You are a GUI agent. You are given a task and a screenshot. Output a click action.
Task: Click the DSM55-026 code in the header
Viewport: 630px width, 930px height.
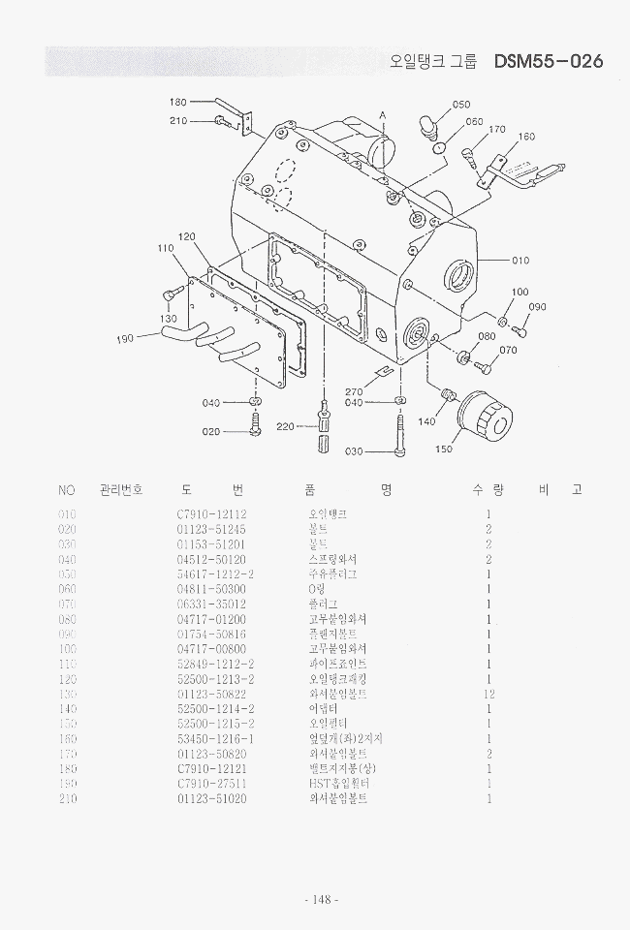(x=548, y=62)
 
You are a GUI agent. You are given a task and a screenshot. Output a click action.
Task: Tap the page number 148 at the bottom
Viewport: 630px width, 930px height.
(x=321, y=900)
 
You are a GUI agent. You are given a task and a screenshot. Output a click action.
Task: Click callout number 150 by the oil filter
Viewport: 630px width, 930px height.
(x=444, y=449)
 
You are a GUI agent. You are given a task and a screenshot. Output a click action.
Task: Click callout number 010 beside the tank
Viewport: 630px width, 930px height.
(x=520, y=260)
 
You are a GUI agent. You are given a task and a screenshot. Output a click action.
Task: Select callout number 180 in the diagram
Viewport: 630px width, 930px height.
(x=178, y=102)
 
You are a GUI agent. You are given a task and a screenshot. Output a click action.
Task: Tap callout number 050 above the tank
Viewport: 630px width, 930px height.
(x=461, y=105)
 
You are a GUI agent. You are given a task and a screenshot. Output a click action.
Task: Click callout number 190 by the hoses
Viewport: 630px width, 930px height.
(x=125, y=339)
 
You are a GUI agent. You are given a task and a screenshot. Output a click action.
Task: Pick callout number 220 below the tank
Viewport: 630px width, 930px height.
(x=285, y=426)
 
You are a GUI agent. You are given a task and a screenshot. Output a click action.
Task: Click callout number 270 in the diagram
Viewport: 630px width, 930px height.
(x=355, y=392)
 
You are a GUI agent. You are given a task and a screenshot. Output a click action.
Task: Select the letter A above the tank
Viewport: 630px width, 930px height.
(x=383, y=115)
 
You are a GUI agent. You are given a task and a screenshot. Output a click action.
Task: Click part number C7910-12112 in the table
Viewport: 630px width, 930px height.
(x=211, y=514)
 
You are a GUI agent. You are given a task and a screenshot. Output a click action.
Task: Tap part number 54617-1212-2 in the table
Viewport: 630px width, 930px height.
(x=215, y=573)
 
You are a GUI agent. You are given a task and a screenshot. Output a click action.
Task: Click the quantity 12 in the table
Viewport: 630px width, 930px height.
(x=489, y=695)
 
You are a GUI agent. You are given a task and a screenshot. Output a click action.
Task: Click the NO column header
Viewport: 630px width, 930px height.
(x=67, y=489)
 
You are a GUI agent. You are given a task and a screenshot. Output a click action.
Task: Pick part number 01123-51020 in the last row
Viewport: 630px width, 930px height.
(x=211, y=798)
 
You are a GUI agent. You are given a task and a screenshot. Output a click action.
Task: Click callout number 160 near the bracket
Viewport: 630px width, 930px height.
(x=527, y=137)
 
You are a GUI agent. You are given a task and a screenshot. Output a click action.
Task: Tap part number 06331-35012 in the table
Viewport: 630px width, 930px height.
(x=211, y=604)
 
